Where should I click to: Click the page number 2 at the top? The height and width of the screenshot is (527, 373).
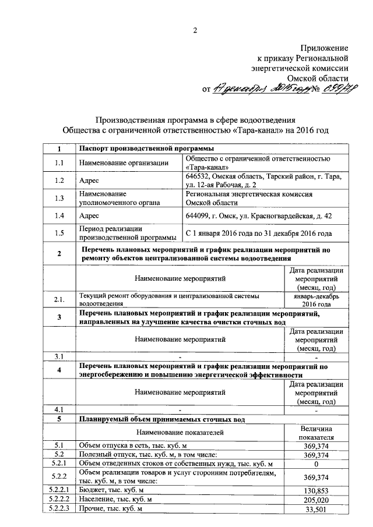click(196, 30)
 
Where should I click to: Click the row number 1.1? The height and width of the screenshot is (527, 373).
click(58, 163)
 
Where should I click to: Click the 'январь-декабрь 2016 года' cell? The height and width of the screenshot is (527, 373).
click(316, 299)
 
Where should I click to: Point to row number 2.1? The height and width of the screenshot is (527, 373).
click(58, 299)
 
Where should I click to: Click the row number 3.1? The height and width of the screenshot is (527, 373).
click(58, 356)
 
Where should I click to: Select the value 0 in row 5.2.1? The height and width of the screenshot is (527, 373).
click(316, 464)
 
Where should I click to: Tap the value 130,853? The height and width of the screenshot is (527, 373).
click(316, 490)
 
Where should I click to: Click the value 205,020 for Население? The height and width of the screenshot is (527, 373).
click(316, 500)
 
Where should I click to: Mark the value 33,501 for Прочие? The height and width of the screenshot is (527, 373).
click(316, 509)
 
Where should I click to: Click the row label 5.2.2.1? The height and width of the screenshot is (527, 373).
click(58, 490)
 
